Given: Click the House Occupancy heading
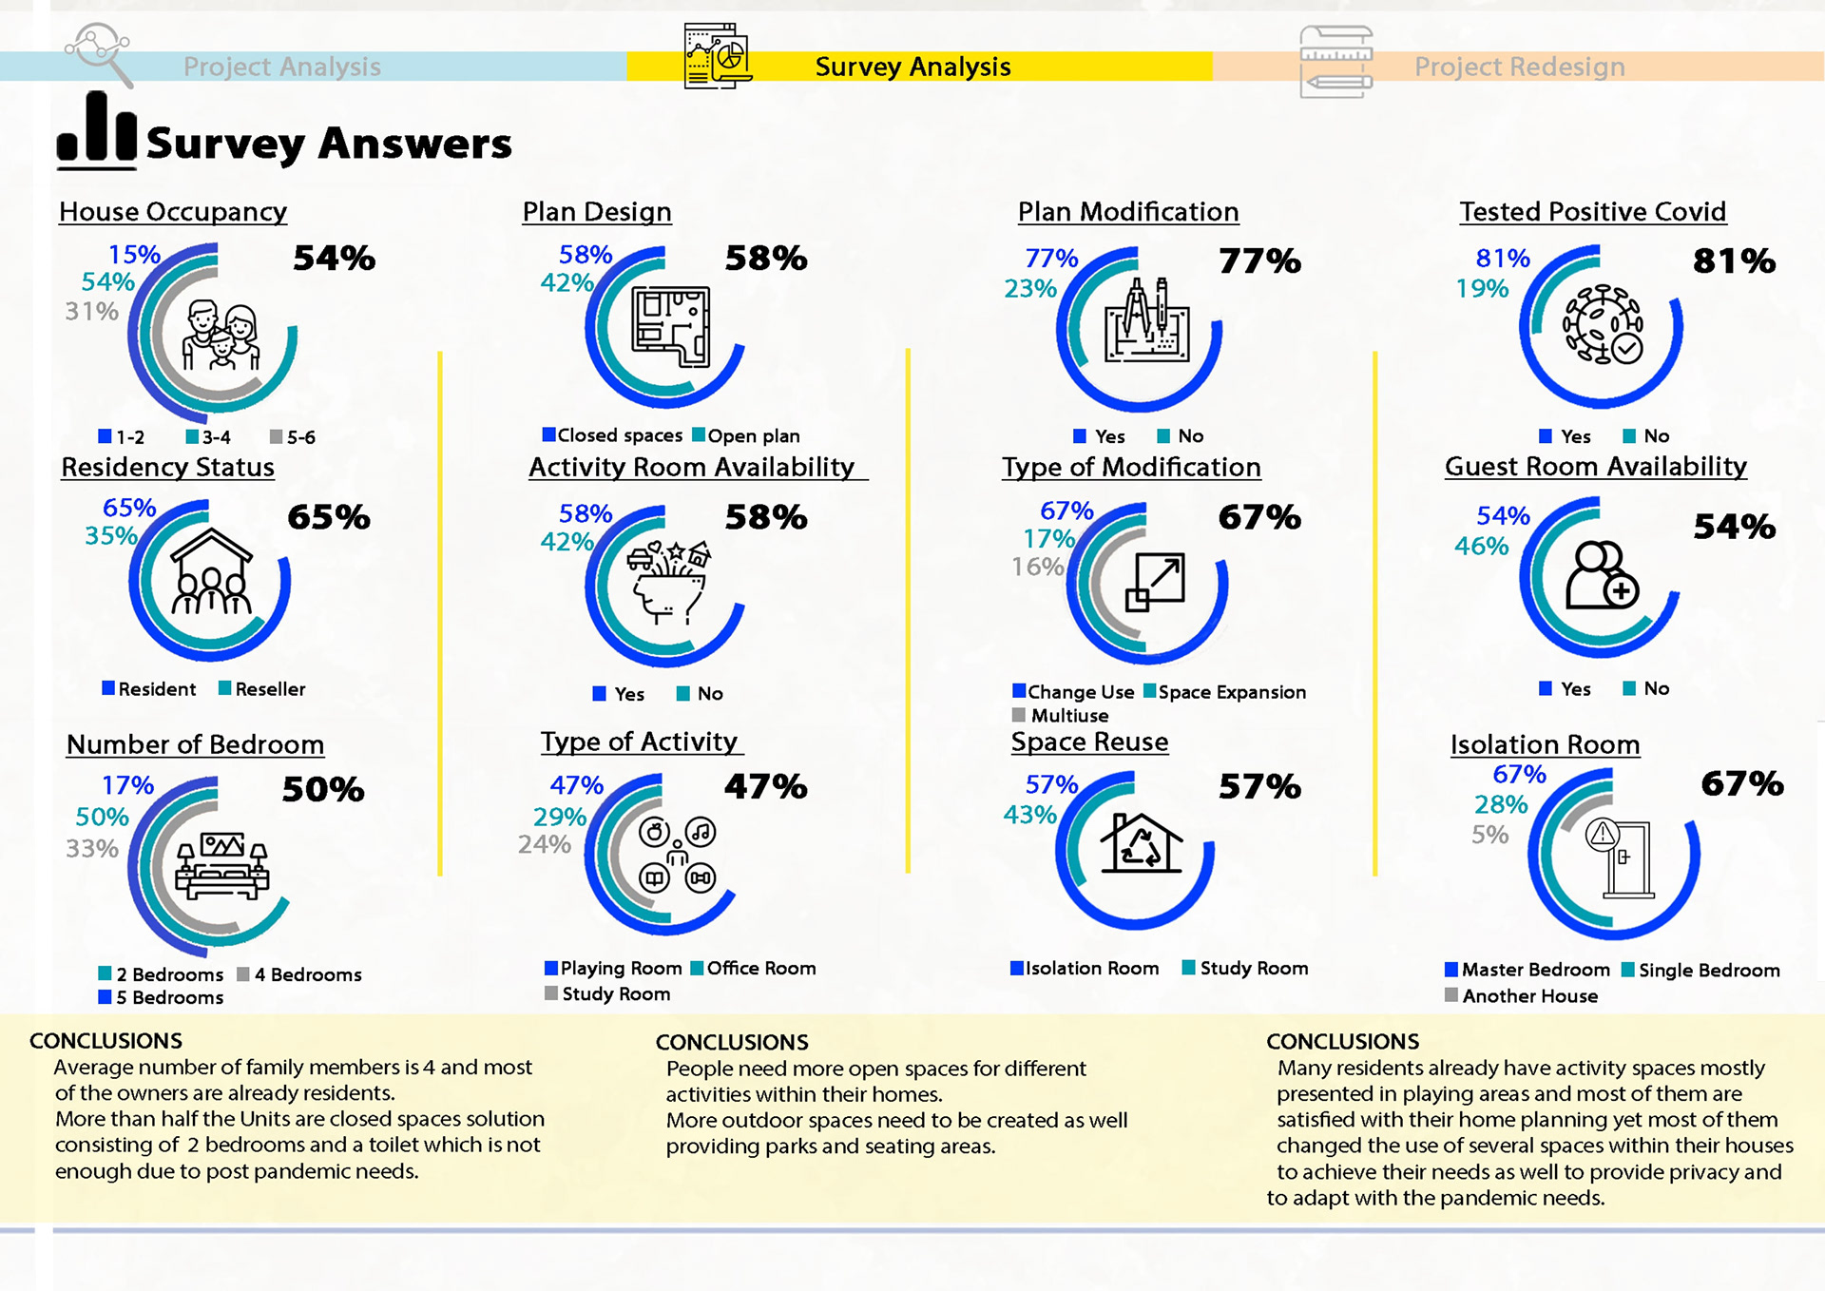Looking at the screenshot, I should pos(173,212).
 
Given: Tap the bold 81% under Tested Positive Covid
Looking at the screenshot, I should pos(1734,261).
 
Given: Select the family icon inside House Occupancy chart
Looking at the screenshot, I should pos(221,336).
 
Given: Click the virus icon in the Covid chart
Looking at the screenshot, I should pos(1603,325).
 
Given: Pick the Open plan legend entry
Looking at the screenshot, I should pos(746,435).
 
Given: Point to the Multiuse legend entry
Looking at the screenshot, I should pos(1062,716).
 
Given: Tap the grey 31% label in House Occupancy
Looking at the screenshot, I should pos(91,312).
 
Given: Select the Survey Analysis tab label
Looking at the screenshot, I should pos(912,67).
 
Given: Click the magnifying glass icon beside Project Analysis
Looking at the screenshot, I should pos(99,53).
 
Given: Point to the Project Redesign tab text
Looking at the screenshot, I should pos(1519,67).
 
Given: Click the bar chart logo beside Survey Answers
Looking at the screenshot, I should pos(97,130).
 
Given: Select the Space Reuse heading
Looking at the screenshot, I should pos(1089,742).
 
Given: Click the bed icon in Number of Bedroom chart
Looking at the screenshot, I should pos(222,866).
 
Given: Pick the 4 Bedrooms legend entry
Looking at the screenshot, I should pos(299,974).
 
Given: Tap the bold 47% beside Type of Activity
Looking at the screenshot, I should pos(765,787).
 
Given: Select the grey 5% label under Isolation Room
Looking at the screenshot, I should pos(1489,836).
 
